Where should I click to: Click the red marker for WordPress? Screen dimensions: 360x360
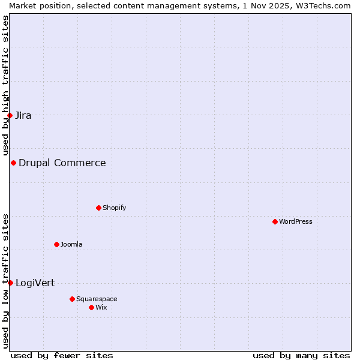tap(275, 221)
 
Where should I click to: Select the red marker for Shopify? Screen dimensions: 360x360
tap(98, 208)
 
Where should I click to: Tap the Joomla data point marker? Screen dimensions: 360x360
tap(56, 244)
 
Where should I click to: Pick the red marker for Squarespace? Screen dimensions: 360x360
tap(72, 299)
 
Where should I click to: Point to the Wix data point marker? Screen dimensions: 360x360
tap(91, 307)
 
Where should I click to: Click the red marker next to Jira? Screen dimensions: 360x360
tap(10, 115)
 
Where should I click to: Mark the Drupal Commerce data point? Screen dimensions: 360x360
tap(13, 163)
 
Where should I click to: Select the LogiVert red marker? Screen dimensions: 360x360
tap(10, 283)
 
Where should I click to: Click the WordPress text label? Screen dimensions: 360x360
tap(296, 221)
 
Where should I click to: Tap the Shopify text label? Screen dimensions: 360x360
tap(114, 208)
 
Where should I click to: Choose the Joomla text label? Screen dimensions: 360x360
tap(71, 244)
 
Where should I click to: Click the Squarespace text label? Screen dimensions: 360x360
tap(97, 299)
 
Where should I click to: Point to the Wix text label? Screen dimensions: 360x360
tap(101, 307)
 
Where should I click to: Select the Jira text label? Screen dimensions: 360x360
tap(23, 115)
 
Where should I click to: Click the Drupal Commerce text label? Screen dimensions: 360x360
tap(62, 163)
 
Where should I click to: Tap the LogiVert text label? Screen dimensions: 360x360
tap(35, 283)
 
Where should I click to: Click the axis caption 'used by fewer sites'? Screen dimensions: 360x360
tap(62, 355)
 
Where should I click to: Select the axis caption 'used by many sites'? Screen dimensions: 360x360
tap(301, 355)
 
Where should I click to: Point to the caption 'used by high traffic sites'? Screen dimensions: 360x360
tap(5, 85)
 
